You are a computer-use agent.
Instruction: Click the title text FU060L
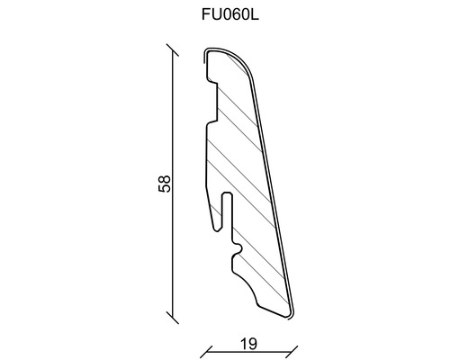tap(224, 16)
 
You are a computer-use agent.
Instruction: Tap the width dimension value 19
tap(249, 342)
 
